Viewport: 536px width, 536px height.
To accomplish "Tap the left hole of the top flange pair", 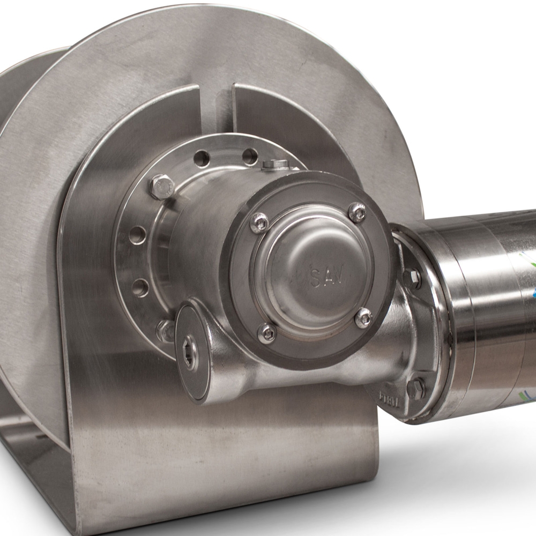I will [x=202, y=158].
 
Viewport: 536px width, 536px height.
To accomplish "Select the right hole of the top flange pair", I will [x=249, y=156].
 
